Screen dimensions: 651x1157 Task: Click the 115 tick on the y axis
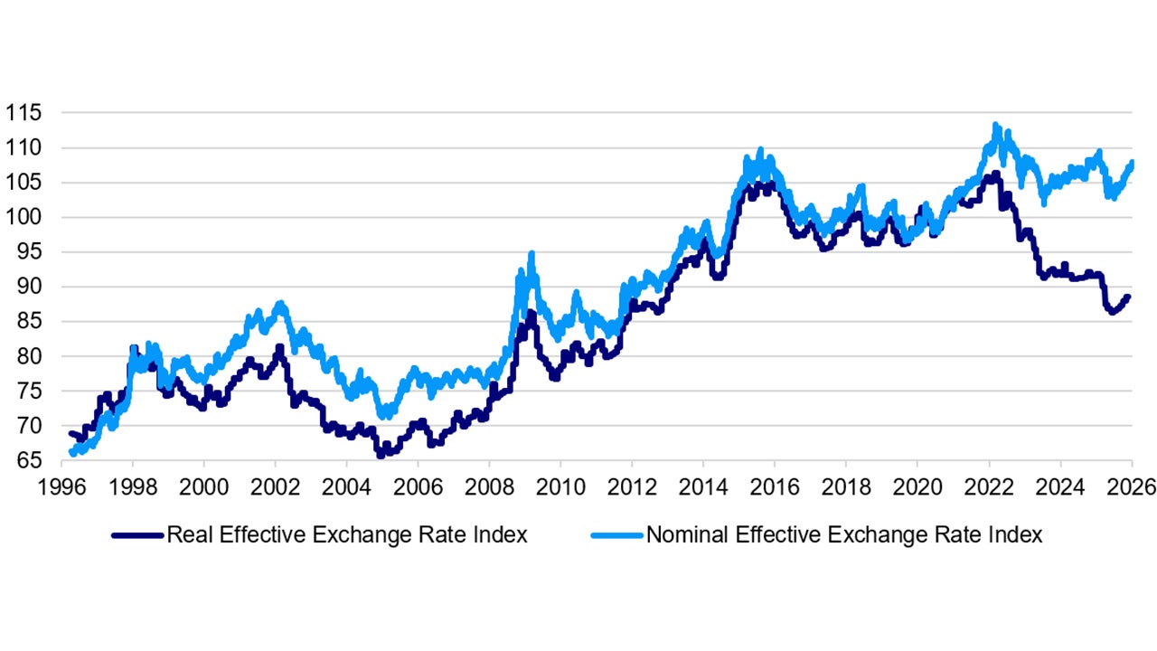(24, 113)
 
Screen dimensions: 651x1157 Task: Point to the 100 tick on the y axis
(24, 217)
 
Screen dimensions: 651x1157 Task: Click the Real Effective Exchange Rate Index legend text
(346, 534)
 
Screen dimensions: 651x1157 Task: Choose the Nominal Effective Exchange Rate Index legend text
(843, 534)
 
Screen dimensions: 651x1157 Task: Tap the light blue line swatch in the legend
(616, 535)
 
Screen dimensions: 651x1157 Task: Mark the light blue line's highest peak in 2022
(995, 127)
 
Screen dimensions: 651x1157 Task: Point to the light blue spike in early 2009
(531, 255)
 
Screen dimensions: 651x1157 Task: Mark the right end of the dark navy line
(1128, 297)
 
